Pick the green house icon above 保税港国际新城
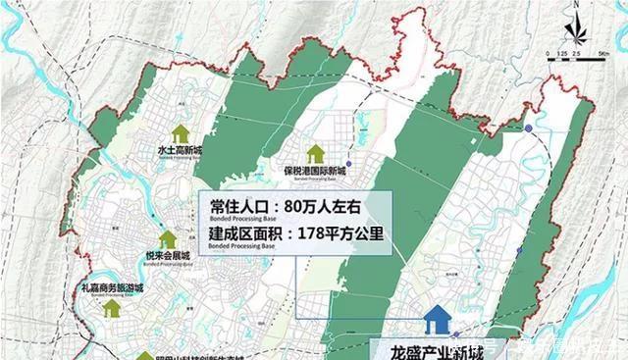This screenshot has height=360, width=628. point(315,153)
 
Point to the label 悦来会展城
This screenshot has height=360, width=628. point(168,255)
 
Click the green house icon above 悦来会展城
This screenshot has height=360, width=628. point(168,238)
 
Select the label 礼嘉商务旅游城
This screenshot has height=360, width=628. point(113,289)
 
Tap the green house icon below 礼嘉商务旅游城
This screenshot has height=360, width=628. point(113,308)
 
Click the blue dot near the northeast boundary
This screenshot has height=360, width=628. point(528,129)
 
